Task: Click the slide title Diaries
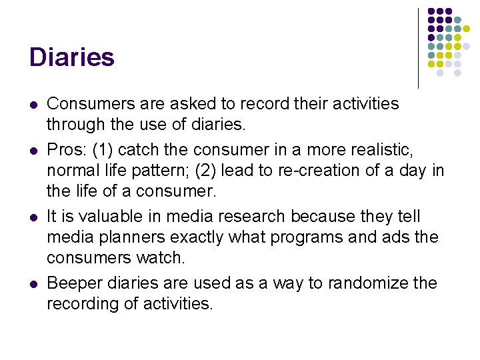[71, 57]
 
